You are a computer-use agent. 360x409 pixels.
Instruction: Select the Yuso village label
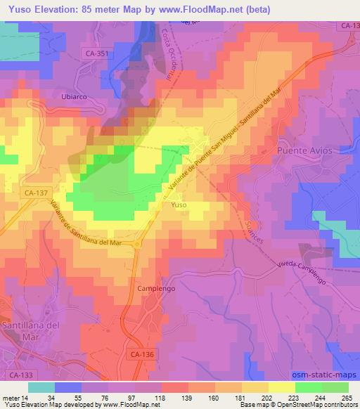179,204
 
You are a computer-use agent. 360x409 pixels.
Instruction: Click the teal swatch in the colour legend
41,387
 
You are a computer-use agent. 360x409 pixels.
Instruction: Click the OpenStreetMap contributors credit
312,405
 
